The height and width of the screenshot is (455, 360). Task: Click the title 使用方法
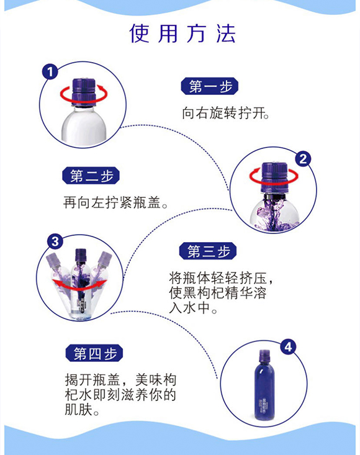tap(182, 34)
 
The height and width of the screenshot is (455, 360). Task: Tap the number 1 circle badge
tap(50, 71)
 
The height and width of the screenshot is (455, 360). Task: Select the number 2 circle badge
tap(303, 159)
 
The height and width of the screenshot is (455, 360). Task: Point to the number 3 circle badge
tap(55, 241)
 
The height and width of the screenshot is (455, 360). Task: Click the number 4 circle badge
tap(288, 347)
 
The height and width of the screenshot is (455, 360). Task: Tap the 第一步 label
tap(210, 86)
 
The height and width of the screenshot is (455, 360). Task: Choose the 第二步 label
tap(91, 176)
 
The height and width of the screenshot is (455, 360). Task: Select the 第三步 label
tap(208, 251)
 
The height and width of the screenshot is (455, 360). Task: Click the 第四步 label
tap(94, 353)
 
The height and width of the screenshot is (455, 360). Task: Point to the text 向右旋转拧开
tap(226, 113)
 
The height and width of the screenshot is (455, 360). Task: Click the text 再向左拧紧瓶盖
tap(115, 202)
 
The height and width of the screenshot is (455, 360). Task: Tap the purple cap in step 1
tap(84, 92)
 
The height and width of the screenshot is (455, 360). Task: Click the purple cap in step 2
tap(274, 178)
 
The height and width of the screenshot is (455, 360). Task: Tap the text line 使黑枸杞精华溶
tap(218, 293)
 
